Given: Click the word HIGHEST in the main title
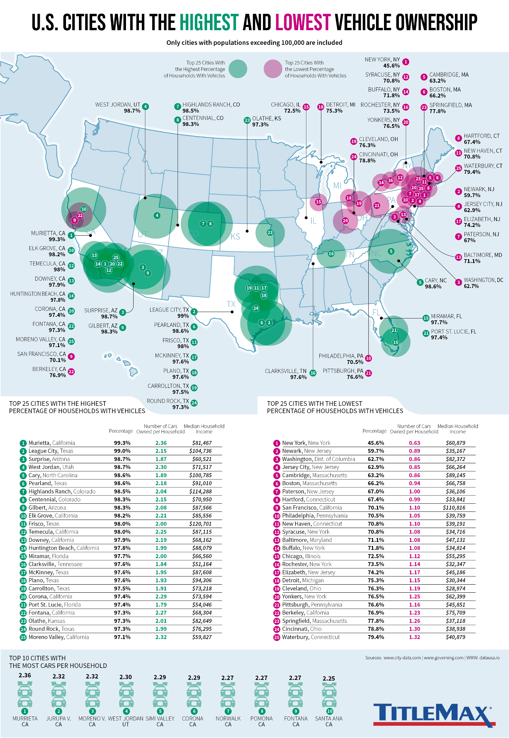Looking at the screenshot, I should [x=209, y=23].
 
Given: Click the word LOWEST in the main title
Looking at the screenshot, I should [x=303, y=23].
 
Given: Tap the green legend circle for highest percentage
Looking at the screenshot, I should [x=238, y=69].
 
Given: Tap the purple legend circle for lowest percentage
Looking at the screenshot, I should [x=273, y=69].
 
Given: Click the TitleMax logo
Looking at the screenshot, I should [x=434, y=715].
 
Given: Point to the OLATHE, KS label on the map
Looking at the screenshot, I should [x=266, y=121].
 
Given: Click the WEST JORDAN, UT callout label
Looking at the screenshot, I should [x=118, y=108].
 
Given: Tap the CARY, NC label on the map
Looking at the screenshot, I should [x=436, y=283].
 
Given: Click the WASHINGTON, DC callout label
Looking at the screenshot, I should [x=483, y=283].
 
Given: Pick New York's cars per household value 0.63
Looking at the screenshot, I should [x=414, y=443].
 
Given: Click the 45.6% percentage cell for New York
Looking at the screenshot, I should [x=376, y=443].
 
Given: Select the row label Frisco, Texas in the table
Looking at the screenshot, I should [x=44, y=524].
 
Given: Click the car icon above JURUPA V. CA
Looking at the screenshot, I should [x=59, y=695].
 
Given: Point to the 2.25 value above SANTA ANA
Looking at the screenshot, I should [x=329, y=679].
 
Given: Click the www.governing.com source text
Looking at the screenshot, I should [x=443, y=658].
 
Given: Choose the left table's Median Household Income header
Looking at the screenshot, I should [x=204, y=429].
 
